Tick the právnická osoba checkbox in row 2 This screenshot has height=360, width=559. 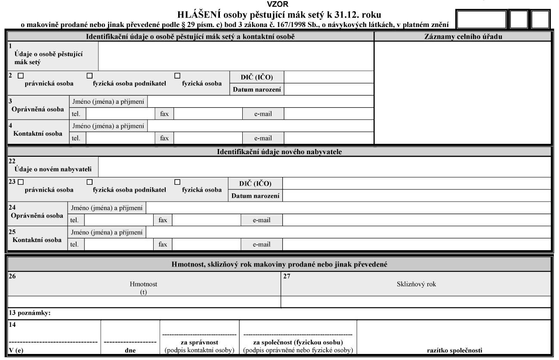21,76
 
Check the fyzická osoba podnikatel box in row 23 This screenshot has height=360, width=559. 90,182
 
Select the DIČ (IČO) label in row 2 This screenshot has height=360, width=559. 257,77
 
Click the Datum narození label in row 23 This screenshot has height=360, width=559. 256,196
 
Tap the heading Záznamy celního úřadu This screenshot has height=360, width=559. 463,37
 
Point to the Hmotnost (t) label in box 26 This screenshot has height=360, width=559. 144,288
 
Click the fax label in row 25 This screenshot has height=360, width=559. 163,244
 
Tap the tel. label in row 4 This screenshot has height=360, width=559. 76,138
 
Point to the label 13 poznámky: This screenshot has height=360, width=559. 30,313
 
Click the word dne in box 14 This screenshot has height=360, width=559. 130,350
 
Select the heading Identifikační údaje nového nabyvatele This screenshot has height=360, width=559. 279,152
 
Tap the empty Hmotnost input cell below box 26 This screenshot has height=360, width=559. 144,301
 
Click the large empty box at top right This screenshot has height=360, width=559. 481,20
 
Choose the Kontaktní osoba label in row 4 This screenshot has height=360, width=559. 38,133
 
